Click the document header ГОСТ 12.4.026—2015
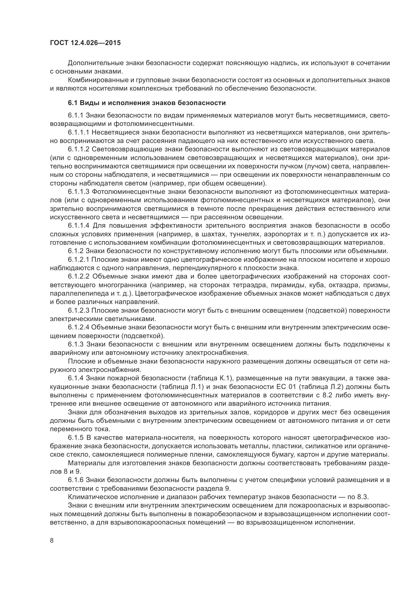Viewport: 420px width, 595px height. pyautogui.click(x=85, y=43)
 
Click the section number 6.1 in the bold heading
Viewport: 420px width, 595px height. pyautogui.click(x=73, y=103)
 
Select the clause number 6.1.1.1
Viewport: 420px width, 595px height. pyautogui.click(x=79, y=133)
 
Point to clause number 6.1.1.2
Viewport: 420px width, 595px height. pyautogui.click(x=79, y=149)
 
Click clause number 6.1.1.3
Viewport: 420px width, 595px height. pyautogui.click(x=79, y=192)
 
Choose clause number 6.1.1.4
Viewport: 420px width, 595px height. pyautogui.click(x=79, y=226)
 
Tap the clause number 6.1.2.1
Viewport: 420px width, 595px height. pyautogui.click(x=79, y=260)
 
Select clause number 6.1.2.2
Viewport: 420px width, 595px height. pyautogui.click(x=79, y=277)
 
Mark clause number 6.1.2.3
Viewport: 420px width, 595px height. pyautogui.click(x=79, y=310)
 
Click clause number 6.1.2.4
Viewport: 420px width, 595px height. pyautogui.click(x=79, y=328)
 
